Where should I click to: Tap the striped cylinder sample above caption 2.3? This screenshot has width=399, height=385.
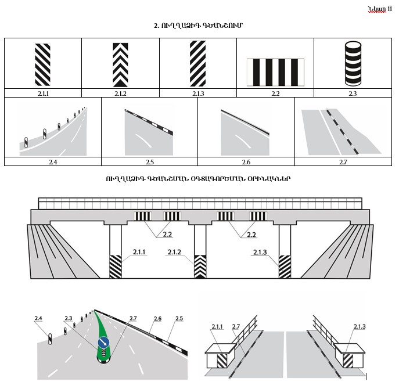353,64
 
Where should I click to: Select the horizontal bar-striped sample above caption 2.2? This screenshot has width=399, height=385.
275,71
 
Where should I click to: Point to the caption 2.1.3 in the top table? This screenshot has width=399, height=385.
198,93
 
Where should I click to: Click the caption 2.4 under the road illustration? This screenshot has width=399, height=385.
53,162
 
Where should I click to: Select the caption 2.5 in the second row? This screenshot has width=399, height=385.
150,162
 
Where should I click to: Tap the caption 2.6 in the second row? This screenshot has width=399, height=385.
246,162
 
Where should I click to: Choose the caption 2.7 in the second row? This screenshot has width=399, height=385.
343,162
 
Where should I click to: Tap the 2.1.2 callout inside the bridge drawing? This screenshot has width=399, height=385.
175,252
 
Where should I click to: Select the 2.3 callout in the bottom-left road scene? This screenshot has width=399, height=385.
69,318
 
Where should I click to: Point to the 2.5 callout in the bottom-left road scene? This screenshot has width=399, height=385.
178,318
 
